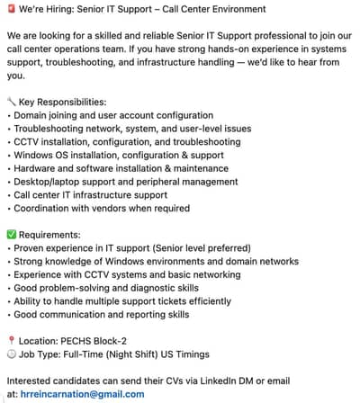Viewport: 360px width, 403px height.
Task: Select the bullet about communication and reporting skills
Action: pyautogui.click(x=97, y=315)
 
